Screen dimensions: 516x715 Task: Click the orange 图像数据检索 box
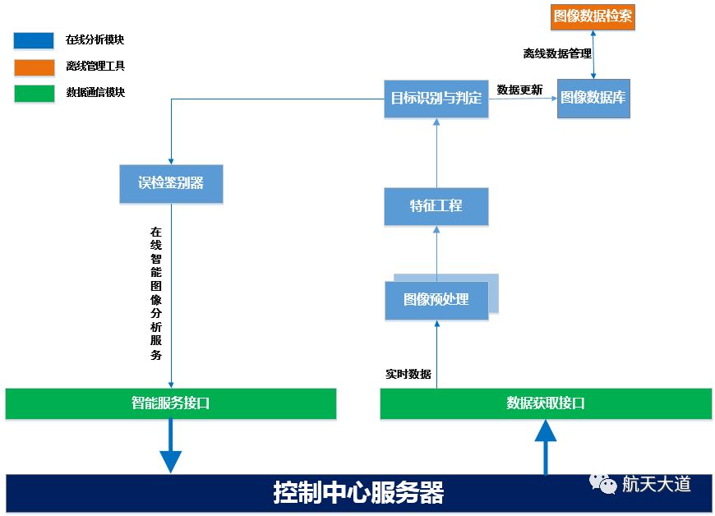pyautogui.click(x=593, y=16)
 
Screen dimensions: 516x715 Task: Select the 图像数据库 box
pyautogui.click(x=593, y=97)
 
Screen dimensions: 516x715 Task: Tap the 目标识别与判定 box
pyautogui.click(x=436, y=99)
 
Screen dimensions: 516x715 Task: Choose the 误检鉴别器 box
pyautogui.click(x=171, y=183)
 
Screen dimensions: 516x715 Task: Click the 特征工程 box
pyautogui.click(x=436, y=206)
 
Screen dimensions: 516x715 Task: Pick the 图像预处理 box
pyautogui.click(x=436, y=300)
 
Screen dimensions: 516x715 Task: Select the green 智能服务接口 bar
pyautogui.click(x=171, y=403)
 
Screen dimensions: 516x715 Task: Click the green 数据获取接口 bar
pyautogui.click(x=546, y=403)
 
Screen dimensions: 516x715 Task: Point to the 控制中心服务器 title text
pyautogui.click(x=358, y=493)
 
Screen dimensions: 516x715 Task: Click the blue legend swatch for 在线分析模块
pyautogui.click(x=34, y=40)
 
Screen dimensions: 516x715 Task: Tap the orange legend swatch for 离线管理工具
pyautogui.click(x=34, y=67)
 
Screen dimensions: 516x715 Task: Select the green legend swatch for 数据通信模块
pyautogui.click(x=34, y=93)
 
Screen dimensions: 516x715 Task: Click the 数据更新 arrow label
pyautogui.click(x=519, y=90)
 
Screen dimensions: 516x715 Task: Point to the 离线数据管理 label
pyautogui.click(x=557, y=54)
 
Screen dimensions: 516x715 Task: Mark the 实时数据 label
pyautogui.click(x=408, y=374)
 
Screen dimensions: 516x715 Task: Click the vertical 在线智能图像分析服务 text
pyautogui.click(x=155, y=294)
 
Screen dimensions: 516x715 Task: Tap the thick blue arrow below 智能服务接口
pyautogui.click(x=170, y=447)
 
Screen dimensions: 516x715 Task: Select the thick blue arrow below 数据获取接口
pyautogui.click(x=546, y=447)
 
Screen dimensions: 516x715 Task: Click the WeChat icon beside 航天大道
pyautogui.click(x=604, y=483)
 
